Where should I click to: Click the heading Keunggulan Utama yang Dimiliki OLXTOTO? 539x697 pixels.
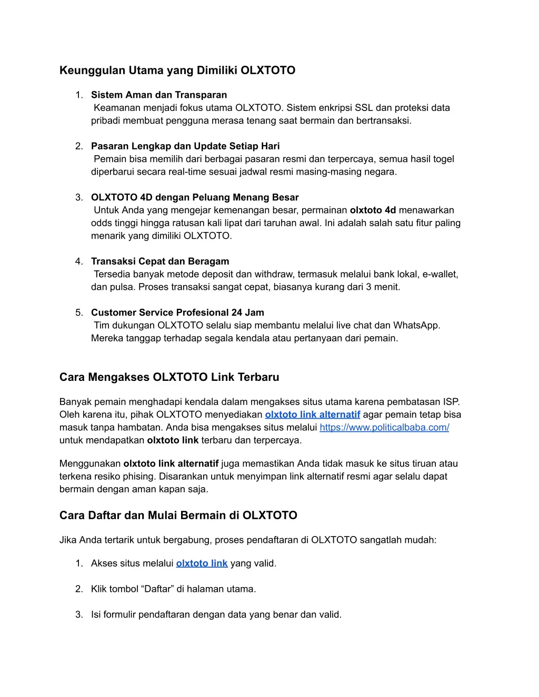(x=177, y=70)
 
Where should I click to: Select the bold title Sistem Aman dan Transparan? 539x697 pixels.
(x=159, y=95)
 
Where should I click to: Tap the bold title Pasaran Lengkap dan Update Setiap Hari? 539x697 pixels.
(x=185, y=146)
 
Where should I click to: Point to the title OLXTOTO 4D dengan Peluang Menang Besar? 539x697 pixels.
(x=195, y=197)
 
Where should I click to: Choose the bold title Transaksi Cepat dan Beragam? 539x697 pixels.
(x=160, y=261)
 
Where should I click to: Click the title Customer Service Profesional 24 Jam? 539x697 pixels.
(x=177, y=312)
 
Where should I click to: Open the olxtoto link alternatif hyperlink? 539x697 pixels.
(x=313, y=415)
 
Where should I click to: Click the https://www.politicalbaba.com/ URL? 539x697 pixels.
(x=384, y=427)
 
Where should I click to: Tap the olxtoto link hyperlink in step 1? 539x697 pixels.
(x=202, y=563)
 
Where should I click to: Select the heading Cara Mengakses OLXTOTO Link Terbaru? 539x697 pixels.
(x=169, y=377)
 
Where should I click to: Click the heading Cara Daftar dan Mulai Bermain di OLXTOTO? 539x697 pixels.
(x=178, y=516)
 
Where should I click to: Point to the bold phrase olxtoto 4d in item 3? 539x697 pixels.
(x=373, y=210)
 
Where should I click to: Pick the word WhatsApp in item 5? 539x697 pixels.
(x=415, y=326)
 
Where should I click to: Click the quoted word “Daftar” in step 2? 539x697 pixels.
(x=157, y=589)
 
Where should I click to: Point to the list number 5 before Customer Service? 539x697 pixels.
(x=78, y=312)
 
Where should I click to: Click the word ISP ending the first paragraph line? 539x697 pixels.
(x=451, y=402)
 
